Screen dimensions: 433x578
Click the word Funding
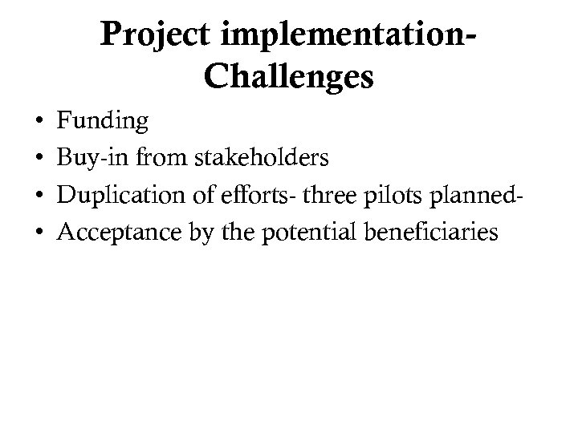(x=103, y=122)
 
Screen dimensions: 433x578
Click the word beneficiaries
(x=432, y=233)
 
